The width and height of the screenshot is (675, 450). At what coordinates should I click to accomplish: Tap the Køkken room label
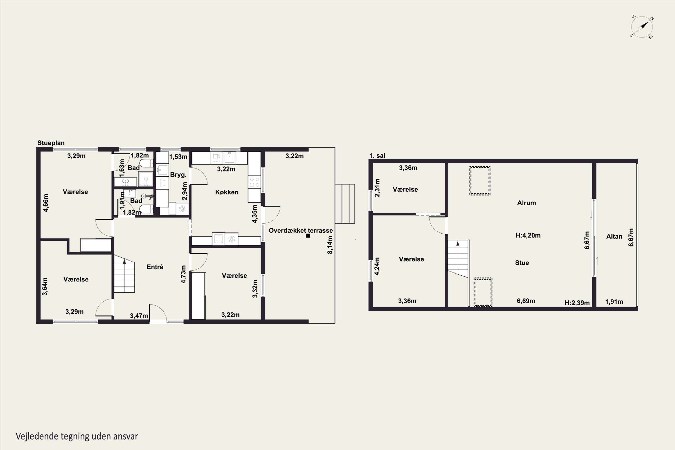(x=227, y=192)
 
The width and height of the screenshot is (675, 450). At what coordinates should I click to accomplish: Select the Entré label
(x=155, y=267)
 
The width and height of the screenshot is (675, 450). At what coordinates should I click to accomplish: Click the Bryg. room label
(x=178, y=175)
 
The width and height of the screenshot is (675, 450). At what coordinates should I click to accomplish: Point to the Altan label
(x=614, y=236)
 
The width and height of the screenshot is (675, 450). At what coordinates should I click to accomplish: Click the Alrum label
(x=526, y=203)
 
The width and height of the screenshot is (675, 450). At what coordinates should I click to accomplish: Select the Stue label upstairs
(x=522, y=263)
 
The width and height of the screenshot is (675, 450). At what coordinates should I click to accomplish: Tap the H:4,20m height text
(x=528, y=236)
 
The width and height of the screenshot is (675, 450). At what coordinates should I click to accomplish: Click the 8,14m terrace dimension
(x=330, y=245)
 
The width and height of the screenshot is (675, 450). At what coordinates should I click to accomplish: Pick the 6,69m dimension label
(x=526, y=301)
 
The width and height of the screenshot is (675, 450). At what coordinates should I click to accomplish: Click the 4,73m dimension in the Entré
(x=183, y=274)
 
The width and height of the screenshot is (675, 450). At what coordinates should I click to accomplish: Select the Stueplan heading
(x=51, y=143)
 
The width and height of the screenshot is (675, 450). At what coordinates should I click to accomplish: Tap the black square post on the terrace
(x=308, y=236)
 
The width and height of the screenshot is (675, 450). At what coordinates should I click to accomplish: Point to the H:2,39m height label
(x=577, y=303)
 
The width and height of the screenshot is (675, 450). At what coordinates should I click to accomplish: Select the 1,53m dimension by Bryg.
(x=178, y=157)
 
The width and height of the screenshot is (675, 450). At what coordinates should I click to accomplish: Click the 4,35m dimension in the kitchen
(x=254, y=214)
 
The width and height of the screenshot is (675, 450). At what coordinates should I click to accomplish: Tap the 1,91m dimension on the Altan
(x=614, y=302)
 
